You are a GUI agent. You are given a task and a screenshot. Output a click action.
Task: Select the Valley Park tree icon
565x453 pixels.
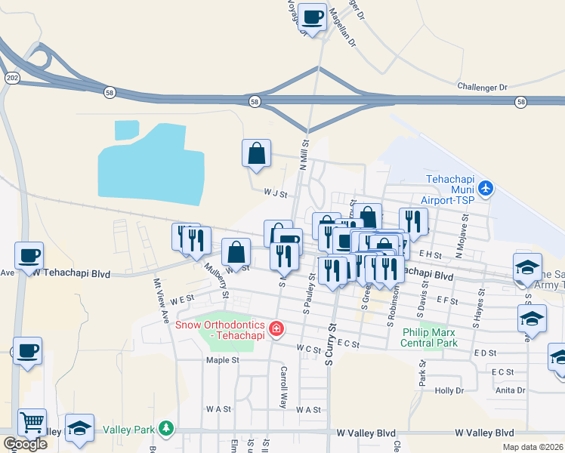point(165,430)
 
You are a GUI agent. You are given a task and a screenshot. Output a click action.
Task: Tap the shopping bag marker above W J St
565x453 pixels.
point(256,153)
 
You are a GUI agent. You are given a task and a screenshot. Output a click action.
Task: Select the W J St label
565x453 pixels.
point(276,194)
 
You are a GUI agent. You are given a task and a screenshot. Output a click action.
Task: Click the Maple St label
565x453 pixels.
point(222,360)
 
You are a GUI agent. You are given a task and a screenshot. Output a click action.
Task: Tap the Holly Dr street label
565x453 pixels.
point(449,390)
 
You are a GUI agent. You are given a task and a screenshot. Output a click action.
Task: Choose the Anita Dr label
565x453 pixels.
point(511,390)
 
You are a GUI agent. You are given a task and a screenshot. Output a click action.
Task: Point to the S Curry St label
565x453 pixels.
point(329,344)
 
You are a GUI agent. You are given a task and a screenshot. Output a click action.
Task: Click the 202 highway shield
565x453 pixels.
point(11,78)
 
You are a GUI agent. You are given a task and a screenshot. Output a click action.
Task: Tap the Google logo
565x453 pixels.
point(25,444)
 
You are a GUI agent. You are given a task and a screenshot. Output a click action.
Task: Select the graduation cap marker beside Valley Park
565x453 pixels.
point(79,428)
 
